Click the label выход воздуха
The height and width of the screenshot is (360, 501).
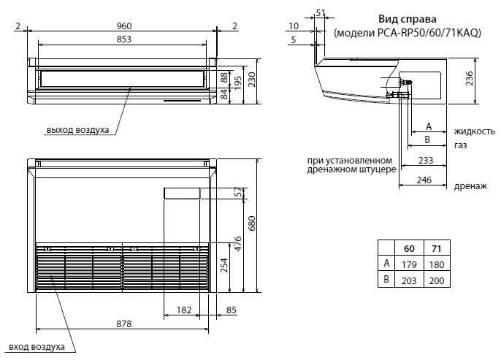click(77, 130)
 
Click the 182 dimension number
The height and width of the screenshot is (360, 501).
click(184, 310)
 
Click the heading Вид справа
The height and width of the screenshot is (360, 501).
click(407, 19)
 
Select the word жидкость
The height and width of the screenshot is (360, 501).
click(475, 131)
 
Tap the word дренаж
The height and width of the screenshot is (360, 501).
click(470, 186)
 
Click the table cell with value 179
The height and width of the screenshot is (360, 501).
click(409, 264)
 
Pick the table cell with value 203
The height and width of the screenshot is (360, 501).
click(409, 280)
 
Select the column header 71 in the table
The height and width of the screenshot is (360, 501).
click(437, 249)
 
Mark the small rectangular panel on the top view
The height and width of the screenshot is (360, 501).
click(182, 194)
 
